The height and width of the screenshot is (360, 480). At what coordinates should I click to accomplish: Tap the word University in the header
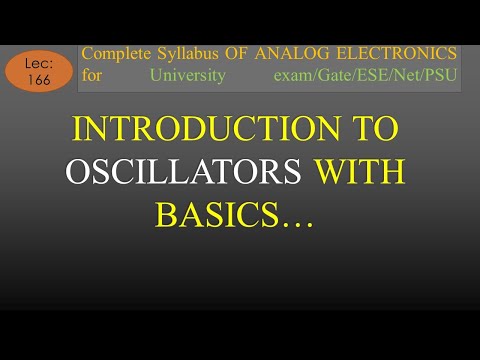coord(186,75)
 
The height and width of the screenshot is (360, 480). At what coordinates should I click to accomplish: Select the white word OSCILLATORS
coord(185,172)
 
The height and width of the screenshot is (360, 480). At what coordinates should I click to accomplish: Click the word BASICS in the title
coord(214,213)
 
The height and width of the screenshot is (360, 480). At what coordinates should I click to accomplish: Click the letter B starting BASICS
coord(164,213)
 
